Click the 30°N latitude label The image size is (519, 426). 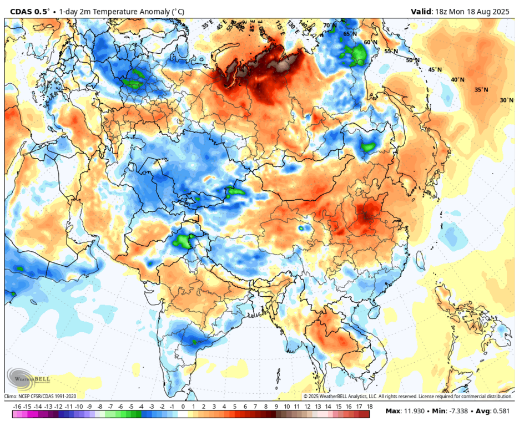[506, 100]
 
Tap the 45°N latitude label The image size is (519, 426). [435, 70]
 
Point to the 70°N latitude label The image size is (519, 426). [330, 26]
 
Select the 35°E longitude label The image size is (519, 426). [207, 24]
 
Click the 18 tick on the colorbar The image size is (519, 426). [369, 407]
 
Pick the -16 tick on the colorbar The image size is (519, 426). [17, 407]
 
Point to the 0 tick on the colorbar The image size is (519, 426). [183, 407]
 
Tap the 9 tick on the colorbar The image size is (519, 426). [276, 407]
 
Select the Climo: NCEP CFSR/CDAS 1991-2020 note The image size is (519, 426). [40, 396]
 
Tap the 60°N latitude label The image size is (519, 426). [370, 42]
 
